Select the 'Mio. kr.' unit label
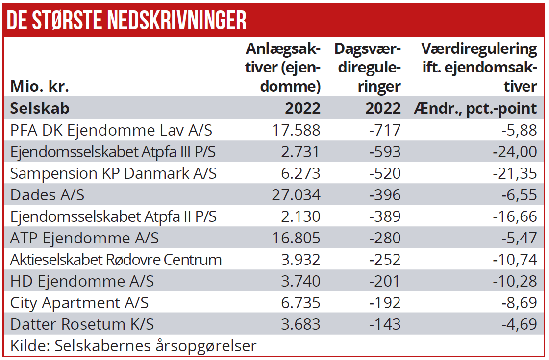[x=40, y=87]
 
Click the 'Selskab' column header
[x=40, y=108]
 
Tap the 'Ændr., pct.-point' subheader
[x=475, y=108]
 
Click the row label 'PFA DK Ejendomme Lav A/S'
[x=111, y=130]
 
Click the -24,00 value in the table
[x=515, y=152]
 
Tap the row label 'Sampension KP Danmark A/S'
[x=113, y=173]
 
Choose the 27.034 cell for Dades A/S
[x=296, y=195]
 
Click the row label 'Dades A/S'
[x=47, y=195]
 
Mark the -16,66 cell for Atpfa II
[x=515, y=216]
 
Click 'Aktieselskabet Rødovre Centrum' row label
[x=116, y=260]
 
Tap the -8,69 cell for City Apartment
[x=519, y=303]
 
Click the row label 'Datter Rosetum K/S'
[x=82, y=324]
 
